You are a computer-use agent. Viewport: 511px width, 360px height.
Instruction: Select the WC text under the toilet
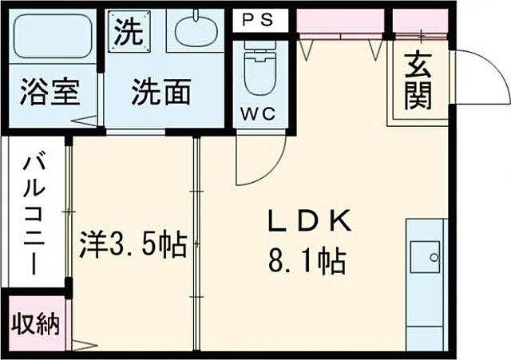(259, 113)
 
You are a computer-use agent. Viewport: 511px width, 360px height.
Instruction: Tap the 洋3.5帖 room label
(133, 244)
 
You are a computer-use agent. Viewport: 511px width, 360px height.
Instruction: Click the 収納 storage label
(35, 324)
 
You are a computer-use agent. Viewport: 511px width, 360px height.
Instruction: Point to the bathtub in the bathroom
(52, 36)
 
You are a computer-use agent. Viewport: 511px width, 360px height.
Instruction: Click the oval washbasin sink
(194, 32)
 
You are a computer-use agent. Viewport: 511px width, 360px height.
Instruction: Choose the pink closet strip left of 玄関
(340, 23)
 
